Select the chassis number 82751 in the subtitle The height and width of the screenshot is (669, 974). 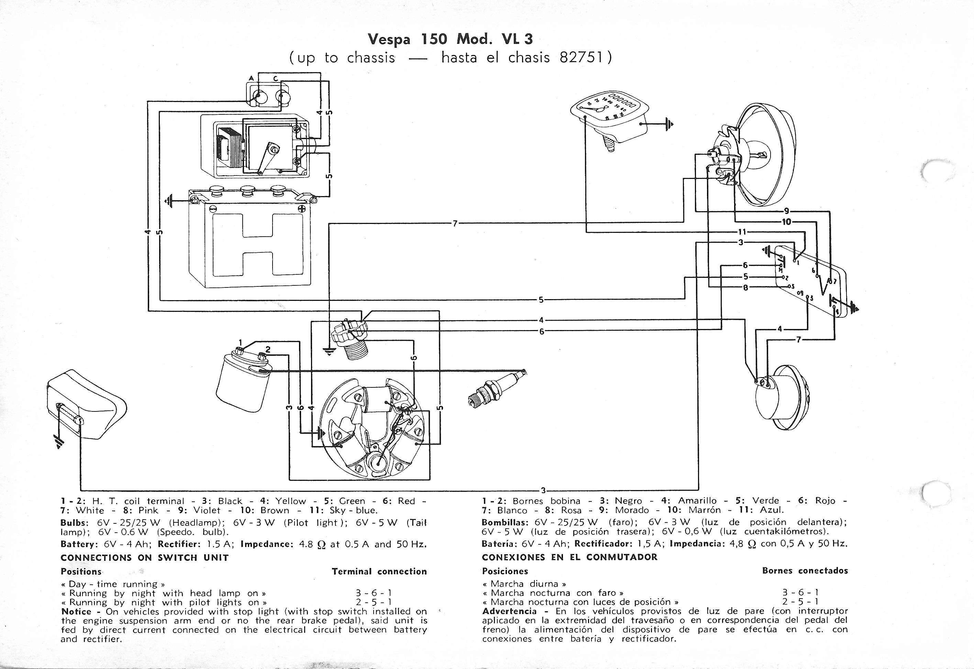pos(582,57)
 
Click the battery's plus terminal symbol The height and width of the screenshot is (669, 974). pos(302,209)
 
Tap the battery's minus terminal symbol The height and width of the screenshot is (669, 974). pos(212,209)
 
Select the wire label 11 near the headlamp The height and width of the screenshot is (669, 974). pos(742,232)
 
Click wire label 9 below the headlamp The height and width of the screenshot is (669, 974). pos(786,211)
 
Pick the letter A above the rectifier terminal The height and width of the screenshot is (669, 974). pos(251,78)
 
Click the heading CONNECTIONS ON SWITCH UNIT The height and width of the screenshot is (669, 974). pos(145,557)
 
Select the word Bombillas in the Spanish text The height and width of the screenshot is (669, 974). pos(505,522)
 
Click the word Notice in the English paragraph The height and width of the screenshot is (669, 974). pos(76,612)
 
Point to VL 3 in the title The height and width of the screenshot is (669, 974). pos(517,39)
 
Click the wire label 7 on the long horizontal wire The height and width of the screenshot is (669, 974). pos(455,224)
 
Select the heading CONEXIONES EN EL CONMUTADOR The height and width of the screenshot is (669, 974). pos(569,557)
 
